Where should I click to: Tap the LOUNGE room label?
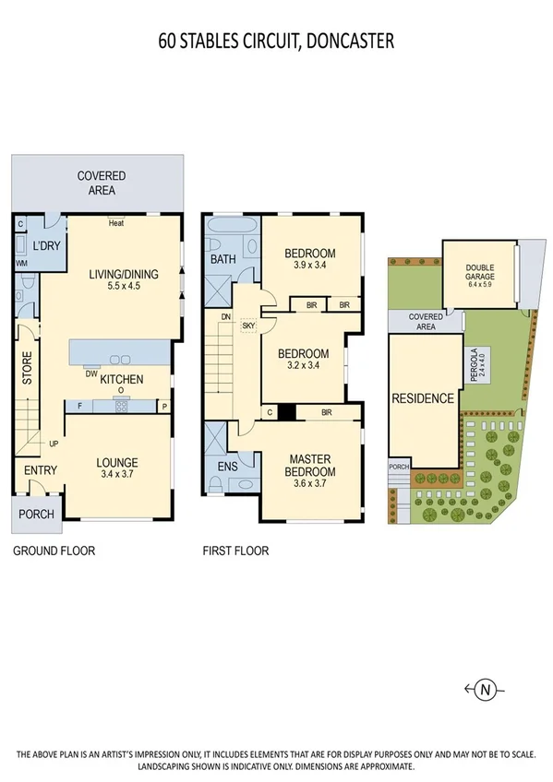(117, 463)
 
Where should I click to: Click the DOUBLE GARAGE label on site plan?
(479, 272)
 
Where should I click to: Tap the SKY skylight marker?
(248, 325)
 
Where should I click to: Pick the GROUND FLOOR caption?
(54, 551)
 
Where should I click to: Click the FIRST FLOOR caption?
(235, 551)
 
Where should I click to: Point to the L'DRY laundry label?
(46, 247)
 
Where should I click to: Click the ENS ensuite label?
(227, 467)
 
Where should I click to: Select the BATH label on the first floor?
(223, 260)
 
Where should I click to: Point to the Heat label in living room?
(115, 223)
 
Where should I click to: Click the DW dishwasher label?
(90, 373)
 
